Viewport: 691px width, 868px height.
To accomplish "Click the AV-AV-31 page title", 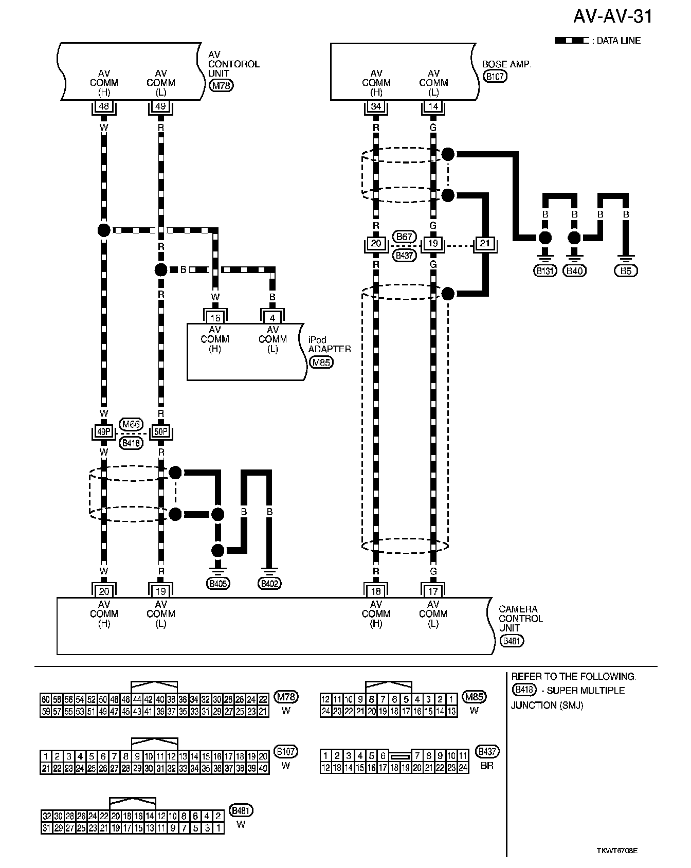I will click(x=613, y=16).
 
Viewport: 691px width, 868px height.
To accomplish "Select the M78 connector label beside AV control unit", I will click(x=222, y=85).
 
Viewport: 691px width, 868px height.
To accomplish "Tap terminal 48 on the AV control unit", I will click(x=104, y=106).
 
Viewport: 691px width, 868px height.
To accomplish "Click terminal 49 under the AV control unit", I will click(x=161, y=106).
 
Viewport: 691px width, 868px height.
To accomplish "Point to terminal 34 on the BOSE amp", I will click(x=376, y=106).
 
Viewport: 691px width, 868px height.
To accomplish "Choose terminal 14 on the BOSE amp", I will click(x=433, y=106).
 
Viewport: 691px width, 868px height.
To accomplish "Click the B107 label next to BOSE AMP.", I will click(x=495, y=76).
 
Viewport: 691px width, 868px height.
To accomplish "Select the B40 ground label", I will click(x=574, y=271).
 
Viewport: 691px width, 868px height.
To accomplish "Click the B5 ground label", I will click(x=626, y=271).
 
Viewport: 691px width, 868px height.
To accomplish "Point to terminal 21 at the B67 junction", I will click(x=485, y=243).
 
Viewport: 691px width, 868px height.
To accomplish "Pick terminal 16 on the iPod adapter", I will click(x=215, y=318).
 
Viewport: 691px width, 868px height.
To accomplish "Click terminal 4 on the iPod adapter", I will click(x=272, y=318).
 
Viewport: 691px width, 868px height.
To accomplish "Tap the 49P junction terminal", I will click(x=104, y=431).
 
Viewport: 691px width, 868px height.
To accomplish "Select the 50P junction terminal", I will click(x=161, y=431).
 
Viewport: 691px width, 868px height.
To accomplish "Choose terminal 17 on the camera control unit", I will click(x=433, y=591).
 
